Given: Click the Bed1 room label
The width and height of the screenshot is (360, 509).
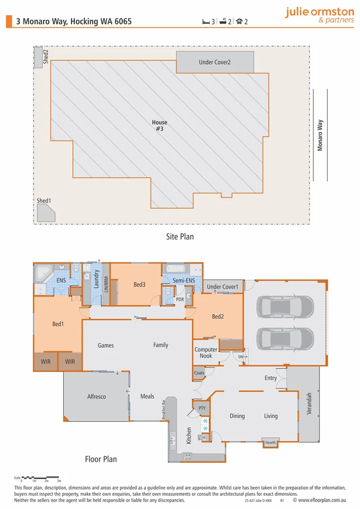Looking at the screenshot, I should pyautogui.click(x=58, y=324).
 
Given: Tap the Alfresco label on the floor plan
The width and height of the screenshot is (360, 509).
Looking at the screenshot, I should pyautogui.click(x=97, y=397).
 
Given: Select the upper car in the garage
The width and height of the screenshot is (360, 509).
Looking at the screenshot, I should pyautogui.click(x=285, y=307).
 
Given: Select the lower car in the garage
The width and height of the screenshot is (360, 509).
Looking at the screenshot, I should pyautogui.click(x=285, y=338).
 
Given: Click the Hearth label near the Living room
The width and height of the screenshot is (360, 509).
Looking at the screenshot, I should pyautogui.click(x=270, y=443).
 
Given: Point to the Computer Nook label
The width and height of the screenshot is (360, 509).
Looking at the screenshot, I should pyautogui.click(x=206, y=353).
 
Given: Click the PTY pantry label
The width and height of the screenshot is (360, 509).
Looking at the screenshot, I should pyautogui.click(x=202, y=408).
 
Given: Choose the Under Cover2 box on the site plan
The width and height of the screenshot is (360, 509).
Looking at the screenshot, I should pyautogui.click(x=215, y=62).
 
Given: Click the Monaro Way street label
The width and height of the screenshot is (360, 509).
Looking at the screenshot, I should pyautogui.click(x=320, y=135).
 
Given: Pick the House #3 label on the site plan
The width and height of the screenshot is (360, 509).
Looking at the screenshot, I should pyautogui.click(x=159, y=125).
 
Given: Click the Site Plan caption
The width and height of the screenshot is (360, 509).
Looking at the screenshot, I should pyautogui.click(x=180, y=237).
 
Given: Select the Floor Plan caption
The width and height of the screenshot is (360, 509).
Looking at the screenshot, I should pyautogui.click(x=100, y=459).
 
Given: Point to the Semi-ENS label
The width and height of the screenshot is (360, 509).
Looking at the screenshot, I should pyautogui.click(x=184, y=281).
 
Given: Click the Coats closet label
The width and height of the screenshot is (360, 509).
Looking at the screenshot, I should pyautogui.click(x=199, y=373).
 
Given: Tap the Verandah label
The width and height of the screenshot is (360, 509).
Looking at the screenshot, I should pyautogui.click(x=310, y=403).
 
